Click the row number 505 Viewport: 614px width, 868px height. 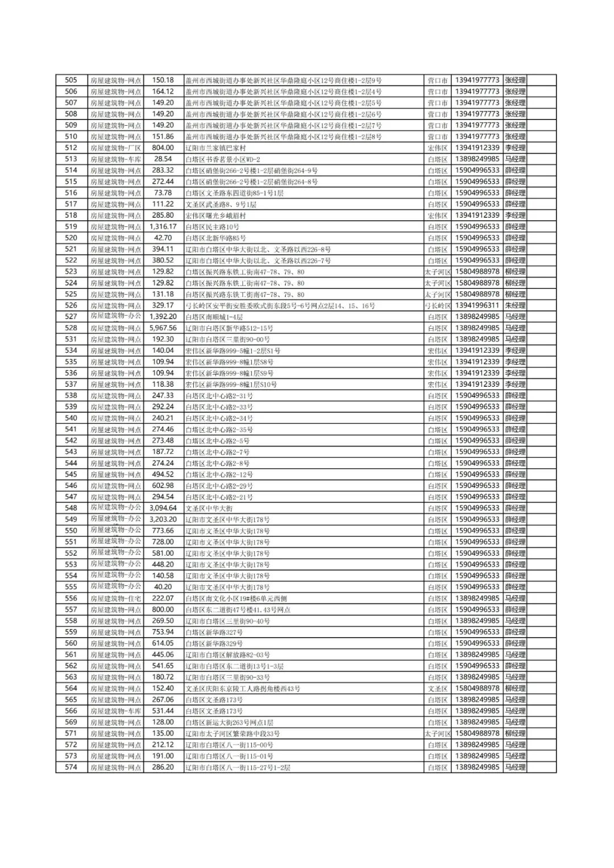71,80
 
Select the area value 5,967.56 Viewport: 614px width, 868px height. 163,328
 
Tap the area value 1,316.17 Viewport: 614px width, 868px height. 163,227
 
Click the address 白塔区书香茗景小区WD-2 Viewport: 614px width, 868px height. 222,159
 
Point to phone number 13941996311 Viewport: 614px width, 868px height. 477,305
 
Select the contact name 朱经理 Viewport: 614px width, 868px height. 515,305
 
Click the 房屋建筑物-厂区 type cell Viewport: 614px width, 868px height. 115,148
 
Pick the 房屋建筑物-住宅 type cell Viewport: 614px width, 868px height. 115,598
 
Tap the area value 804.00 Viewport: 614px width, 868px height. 163,148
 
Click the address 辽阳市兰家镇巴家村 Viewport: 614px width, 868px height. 215,148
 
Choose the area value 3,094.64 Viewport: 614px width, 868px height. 163,508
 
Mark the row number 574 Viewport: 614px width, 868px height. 71,767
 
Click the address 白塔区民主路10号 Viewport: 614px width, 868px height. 214,227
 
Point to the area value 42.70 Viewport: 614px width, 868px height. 163,238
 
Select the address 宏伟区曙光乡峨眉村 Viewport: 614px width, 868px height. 215,216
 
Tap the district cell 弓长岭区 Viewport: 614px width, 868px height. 437,305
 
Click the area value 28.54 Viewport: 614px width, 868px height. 163,159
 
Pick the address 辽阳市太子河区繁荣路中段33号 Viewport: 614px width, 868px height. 233,734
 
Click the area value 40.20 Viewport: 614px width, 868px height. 163,587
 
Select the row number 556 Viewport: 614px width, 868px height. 71,598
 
